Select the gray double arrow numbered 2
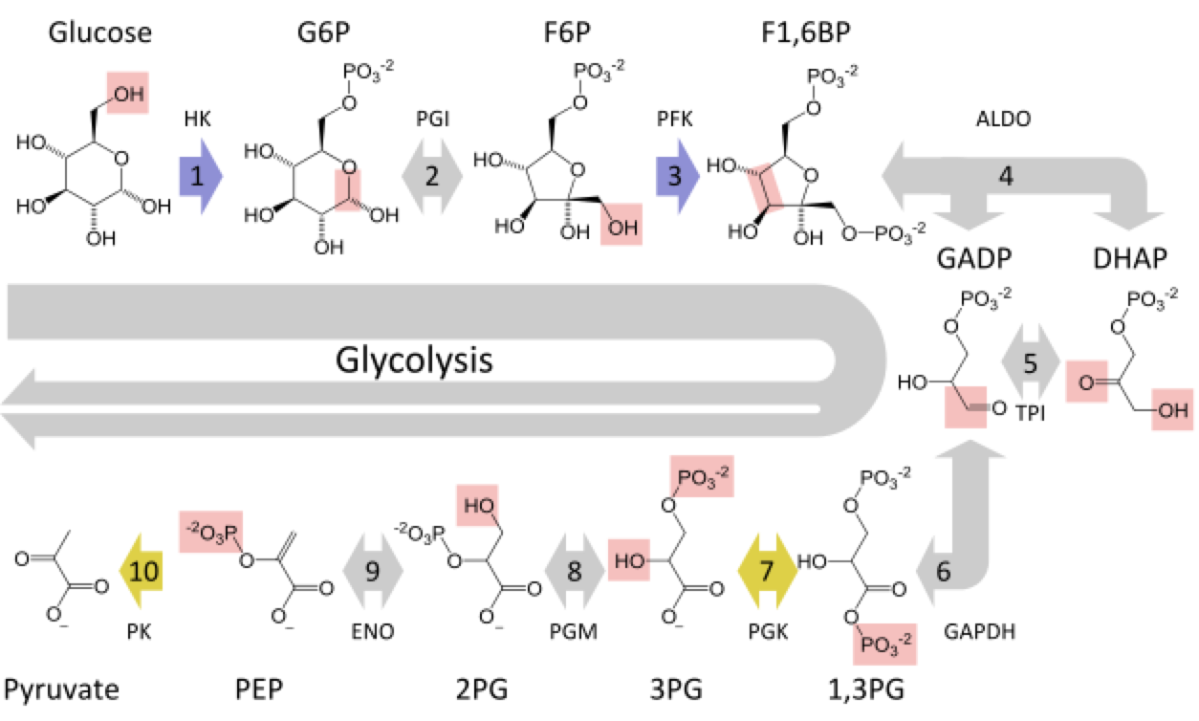(x=432, y=176)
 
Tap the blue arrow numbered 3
(x=678, y=176)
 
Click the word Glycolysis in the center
(x=413, y=362)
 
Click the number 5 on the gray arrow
(x=1030, y=364)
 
